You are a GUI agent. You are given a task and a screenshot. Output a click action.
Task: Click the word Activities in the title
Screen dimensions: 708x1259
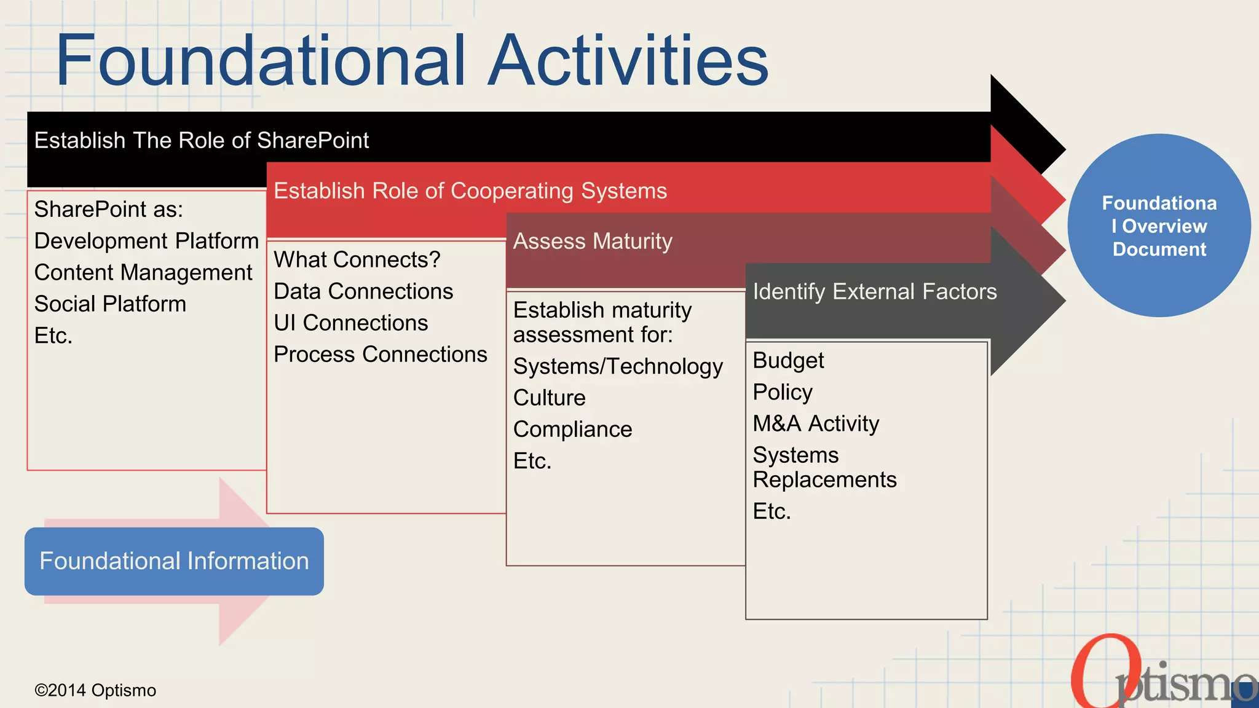pyautogui.click(x=628, y=60)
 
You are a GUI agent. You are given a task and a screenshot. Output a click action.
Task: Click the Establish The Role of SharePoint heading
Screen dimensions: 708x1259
pyautogui.click(x=202, y=140)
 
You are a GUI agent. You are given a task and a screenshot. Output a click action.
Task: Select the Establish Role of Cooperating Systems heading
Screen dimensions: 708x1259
pyautogui.click(x=470, y=191)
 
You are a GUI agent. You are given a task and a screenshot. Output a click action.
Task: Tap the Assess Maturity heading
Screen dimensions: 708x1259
pyautogui.click(x=593, y=241)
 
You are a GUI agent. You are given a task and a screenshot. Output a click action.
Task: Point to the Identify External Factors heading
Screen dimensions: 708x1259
pyautogui.click(x=874, y=291)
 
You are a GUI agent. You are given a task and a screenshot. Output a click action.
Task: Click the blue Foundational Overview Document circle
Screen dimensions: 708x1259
pyautogui.click(x=1159, y=226)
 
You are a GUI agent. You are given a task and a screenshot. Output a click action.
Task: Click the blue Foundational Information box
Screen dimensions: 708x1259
pyautogui.click(x=174, y=561)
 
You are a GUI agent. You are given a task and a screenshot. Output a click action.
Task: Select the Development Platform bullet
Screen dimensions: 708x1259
pyautogui.click(x=146, y=241)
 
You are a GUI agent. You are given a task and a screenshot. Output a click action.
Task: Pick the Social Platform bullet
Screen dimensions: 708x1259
pyautogui.click(x=110, y=304)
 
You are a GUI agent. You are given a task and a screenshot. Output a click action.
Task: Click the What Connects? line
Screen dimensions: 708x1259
pyautogui.click(x=357, y=260)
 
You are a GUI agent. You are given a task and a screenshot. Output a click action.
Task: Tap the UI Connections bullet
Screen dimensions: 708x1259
pyautogui.click(x=350, y=323)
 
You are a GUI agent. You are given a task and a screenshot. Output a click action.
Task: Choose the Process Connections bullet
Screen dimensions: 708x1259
pyautogui.click(x=380, y=355)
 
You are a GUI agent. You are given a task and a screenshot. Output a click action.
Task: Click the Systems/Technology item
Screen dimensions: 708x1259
pyautogui.click(x=618, y=367)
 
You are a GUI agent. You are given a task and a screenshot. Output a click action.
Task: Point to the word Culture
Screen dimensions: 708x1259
pyautogui.click(x=549, y=398)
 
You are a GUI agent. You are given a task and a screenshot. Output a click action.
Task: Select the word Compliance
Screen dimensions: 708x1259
pyautogui.click(x=572, y=430)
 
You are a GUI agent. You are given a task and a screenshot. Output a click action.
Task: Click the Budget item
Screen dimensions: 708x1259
pyautogui.click(x=788, y=361)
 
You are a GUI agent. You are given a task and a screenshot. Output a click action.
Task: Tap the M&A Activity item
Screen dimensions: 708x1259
pyautogui.click(x=816, y=423)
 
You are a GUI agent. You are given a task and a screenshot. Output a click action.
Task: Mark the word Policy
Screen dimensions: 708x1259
pyautogui.click(x=783, y=392)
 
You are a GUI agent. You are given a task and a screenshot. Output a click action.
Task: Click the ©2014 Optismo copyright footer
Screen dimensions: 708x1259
pyautogui.click(x=95, y=690)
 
